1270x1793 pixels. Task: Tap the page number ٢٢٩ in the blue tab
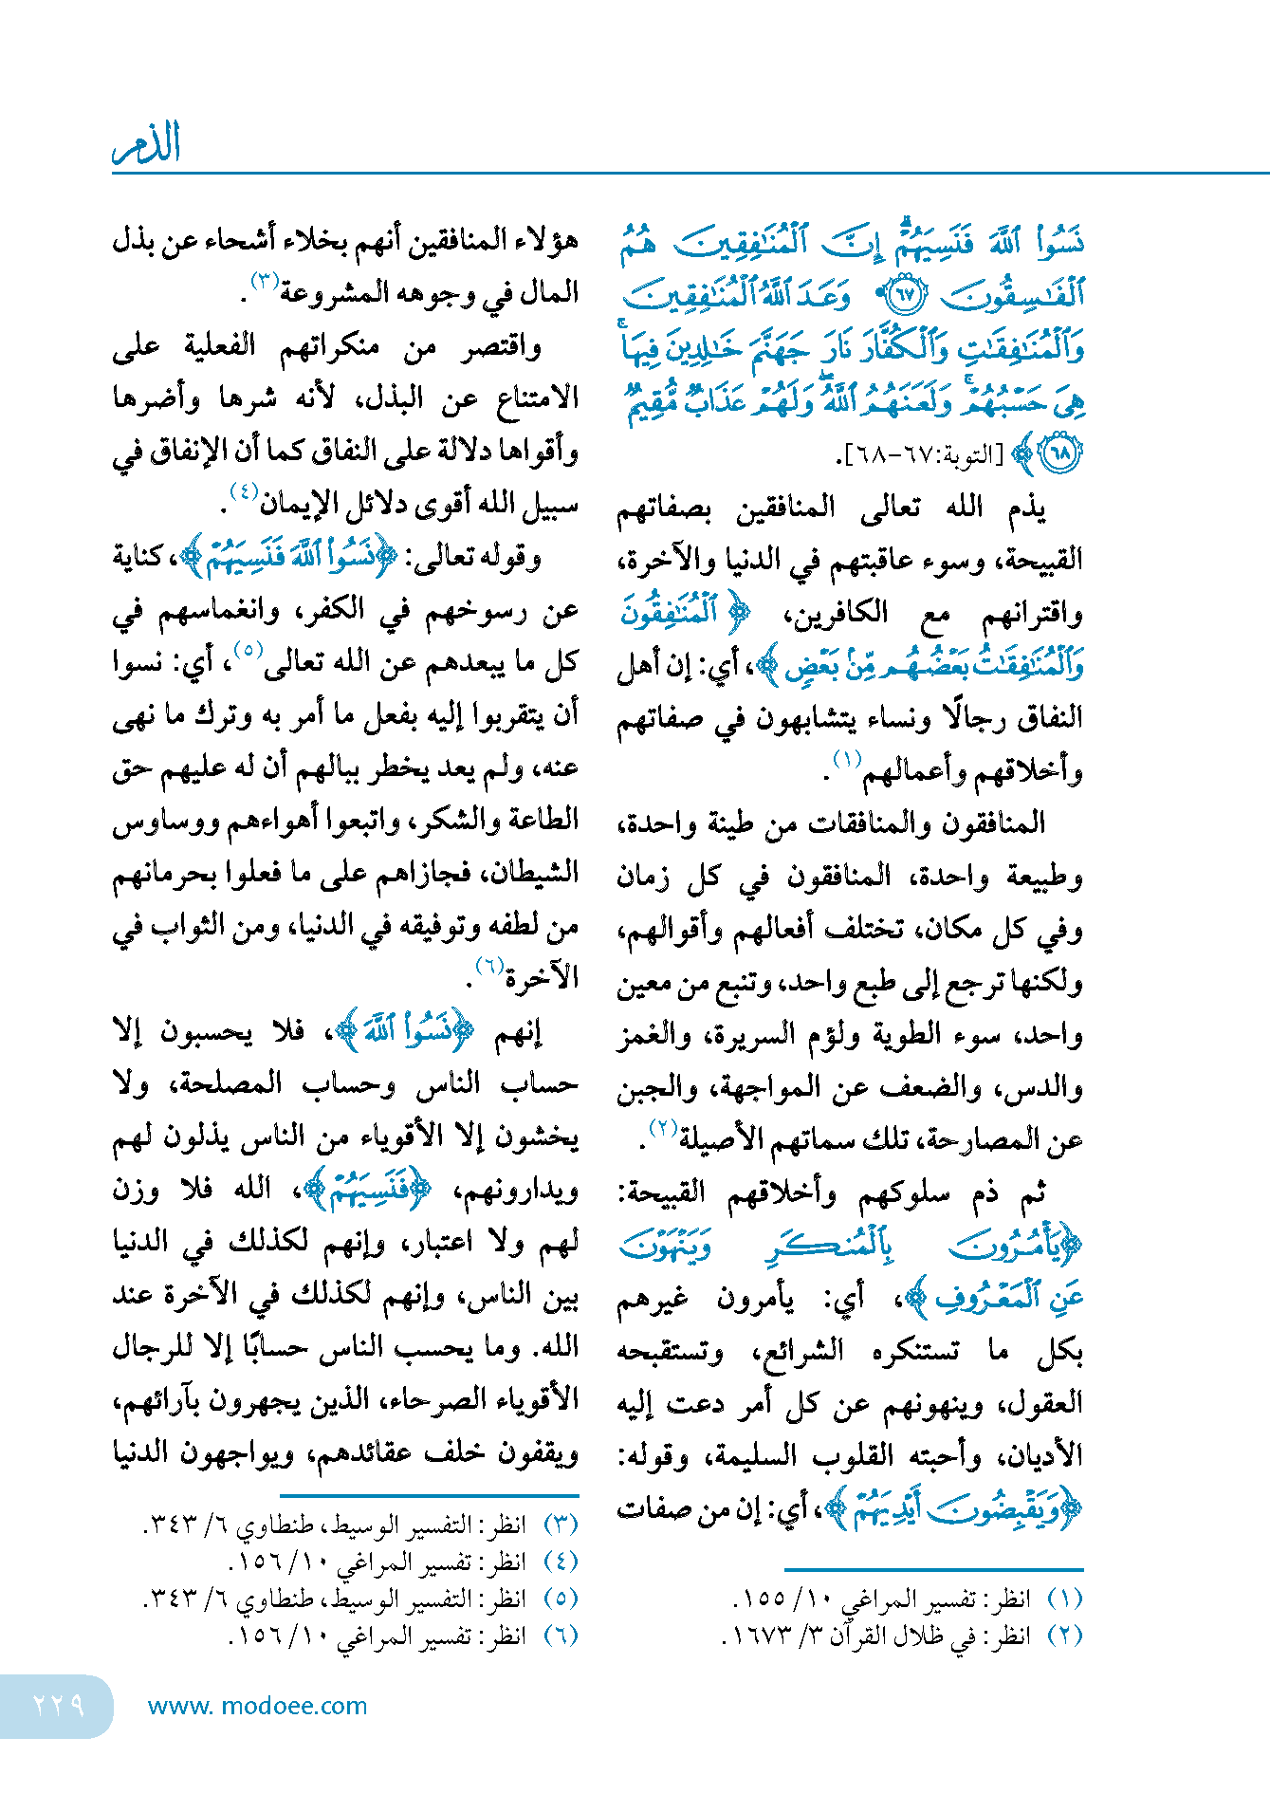tap(59, 1705)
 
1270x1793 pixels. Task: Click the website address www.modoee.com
tap(257, 1706)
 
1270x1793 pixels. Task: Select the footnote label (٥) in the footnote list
tap(561, 1599)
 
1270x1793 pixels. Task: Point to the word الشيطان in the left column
tap(533, 872)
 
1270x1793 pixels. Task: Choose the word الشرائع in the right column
tap(802, 1349)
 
